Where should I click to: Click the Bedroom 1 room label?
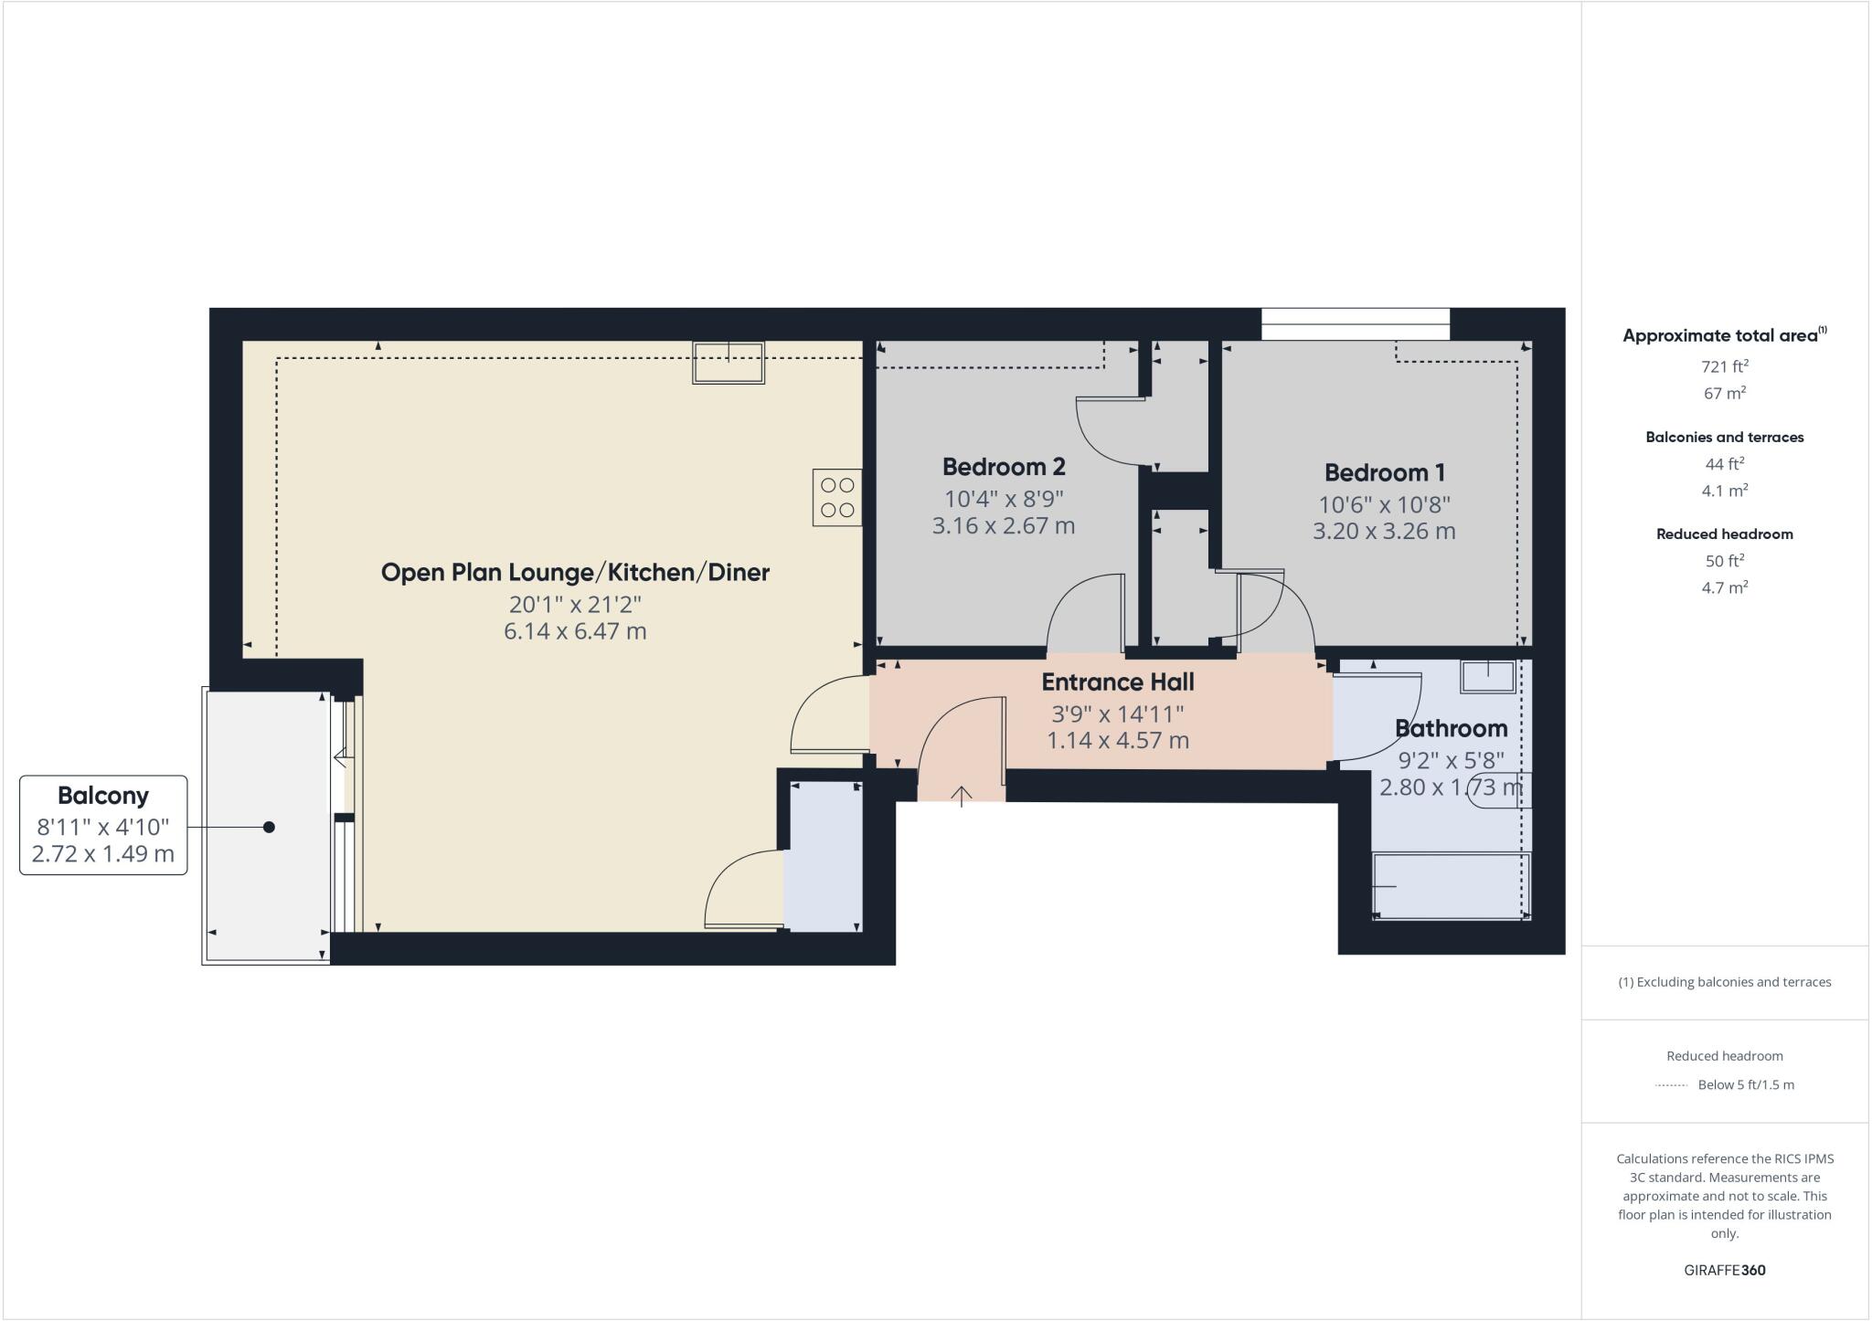click(x=1384, y=473)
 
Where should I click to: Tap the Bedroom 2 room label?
click(x=1004, y=467)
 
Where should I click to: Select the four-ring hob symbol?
click(x=837, y=497)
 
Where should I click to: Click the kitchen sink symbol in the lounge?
click(x=728, y=363)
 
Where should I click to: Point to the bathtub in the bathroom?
click(x=1452, y=886)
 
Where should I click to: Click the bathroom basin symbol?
click(x=1488, y=677)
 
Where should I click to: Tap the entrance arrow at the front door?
click(x=961, y=797)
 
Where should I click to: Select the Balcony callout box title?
click(x=103, y=796)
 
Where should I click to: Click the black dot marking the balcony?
click(x=269, y=827)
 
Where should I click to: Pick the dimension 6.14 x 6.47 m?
click(x=575, y=631)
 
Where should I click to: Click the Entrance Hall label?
click(x=1118, y=682)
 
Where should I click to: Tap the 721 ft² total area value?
click(x=1724, y=366)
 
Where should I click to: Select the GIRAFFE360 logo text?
click(x=1724, y=1270)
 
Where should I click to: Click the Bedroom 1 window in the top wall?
click(x=1355, y=323)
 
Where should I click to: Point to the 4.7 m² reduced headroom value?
click(x=1724, y=587)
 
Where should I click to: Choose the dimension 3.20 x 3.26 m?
click(x=1384, y=532)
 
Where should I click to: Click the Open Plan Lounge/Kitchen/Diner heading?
click(x=575, y=573)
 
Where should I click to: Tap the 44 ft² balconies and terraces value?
click(x=1724, y=463)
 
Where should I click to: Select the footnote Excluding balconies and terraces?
click(x=1724, y=982)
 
